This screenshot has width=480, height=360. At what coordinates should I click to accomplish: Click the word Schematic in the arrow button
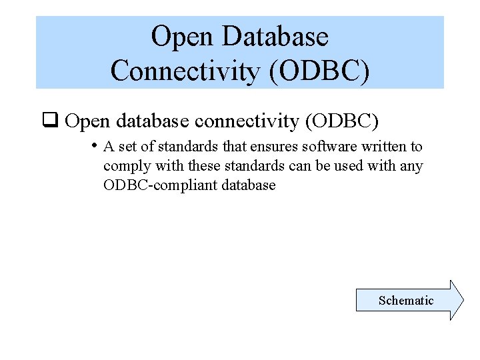pos(405,301)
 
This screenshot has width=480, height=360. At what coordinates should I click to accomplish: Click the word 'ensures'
pos(274,147)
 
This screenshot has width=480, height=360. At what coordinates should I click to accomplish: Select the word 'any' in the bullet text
pos(411,167)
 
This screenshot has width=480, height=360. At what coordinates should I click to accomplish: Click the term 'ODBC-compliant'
pos(156,185)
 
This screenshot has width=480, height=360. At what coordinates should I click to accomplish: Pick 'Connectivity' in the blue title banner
pos(186,71)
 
